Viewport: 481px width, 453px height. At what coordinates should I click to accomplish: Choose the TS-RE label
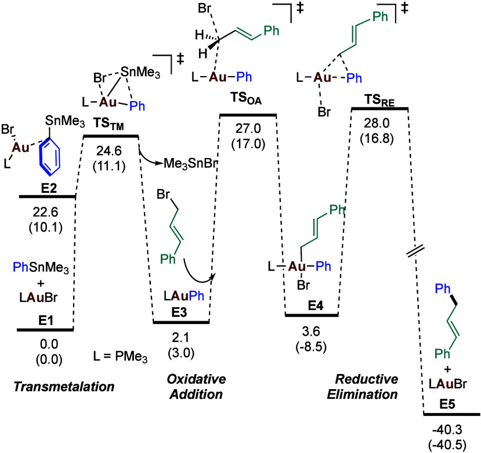(379, 99)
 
